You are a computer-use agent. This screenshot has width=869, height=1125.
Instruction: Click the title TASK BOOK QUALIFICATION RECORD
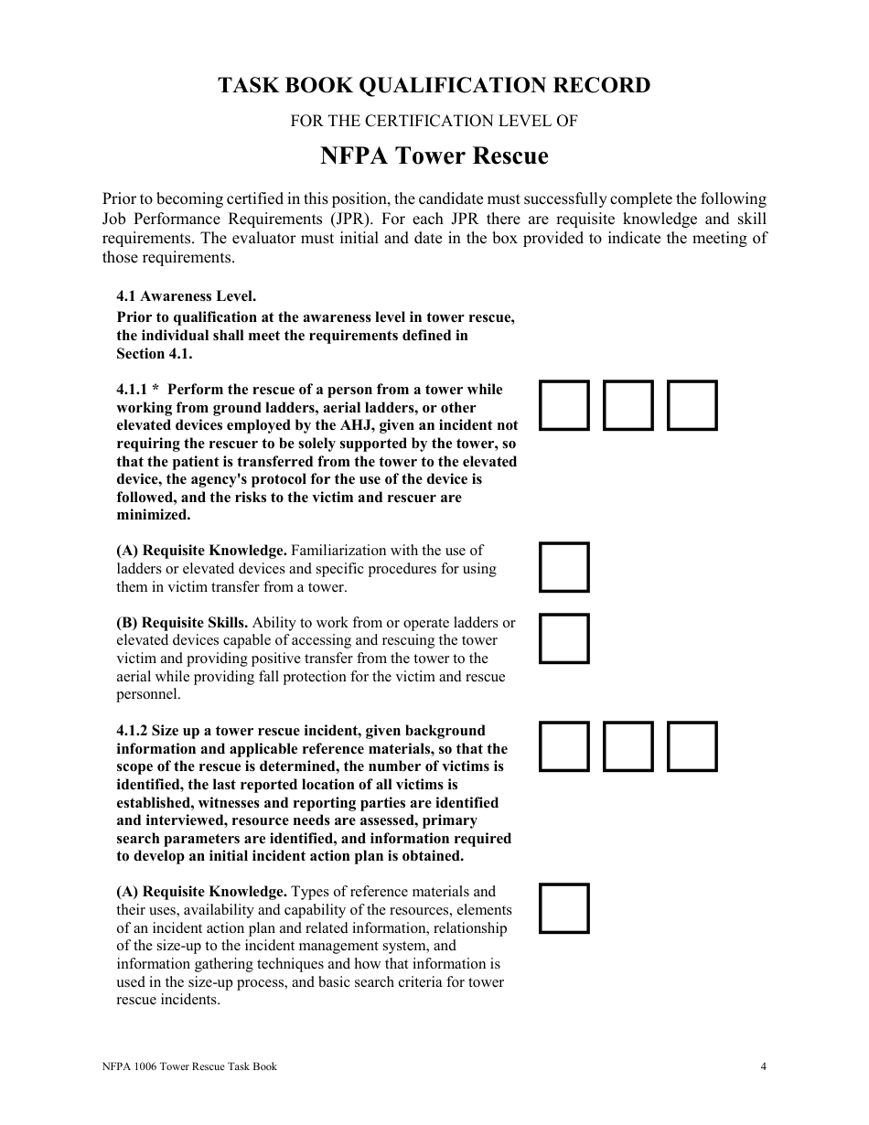point(434,85)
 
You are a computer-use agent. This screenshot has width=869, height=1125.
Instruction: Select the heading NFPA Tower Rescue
point(434,156)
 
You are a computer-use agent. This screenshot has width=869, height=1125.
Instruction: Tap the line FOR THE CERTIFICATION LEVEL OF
point(434,121)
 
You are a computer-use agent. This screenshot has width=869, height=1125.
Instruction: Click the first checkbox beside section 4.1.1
point(564,405)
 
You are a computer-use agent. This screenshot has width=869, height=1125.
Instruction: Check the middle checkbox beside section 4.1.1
point(628,405)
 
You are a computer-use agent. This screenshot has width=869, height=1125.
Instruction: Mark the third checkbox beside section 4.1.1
point(692,405)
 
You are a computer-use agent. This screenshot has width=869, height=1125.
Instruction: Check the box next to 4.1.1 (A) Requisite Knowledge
point(564,567)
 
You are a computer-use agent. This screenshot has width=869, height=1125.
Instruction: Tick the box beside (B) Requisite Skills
point(564,638)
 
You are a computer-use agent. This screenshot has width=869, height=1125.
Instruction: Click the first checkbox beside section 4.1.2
point(564,746)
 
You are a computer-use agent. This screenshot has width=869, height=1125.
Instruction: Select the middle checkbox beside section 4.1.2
point(628,746)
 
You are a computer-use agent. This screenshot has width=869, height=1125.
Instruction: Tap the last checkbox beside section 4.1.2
point(692,746)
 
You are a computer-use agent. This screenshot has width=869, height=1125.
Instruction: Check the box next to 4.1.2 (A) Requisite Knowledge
point(564,908)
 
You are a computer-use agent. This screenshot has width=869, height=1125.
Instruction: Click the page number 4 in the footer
point(763,1066)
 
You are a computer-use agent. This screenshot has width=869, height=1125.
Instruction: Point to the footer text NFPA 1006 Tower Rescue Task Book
point(189,1066)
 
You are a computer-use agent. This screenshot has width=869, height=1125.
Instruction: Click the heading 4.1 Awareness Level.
point(187,296)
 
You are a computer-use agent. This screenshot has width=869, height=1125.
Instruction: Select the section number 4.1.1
point(132,390)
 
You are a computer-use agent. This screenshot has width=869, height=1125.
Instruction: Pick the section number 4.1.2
point(132,731)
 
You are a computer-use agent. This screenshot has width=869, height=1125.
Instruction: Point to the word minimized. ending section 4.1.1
point(153,515)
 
